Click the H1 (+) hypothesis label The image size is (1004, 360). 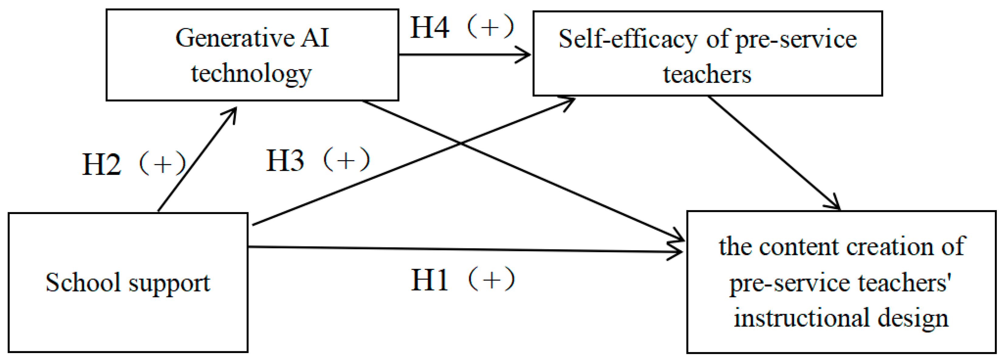click(463, 280)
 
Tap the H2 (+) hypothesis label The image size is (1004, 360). click(134, 164)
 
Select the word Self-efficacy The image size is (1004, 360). click(628, 39)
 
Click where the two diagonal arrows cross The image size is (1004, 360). click(461, 143)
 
